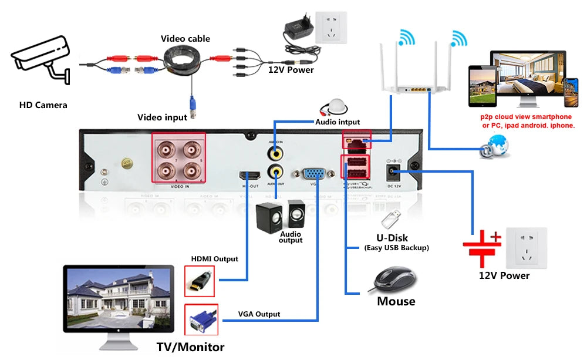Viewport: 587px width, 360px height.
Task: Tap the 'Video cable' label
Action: pyautogui.click(x=185, y=39)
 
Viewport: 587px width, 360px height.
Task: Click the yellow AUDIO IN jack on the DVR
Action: pyautogui.click(x=275, y=153)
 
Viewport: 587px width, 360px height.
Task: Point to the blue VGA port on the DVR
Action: pyautogui.click(x=314, y=174)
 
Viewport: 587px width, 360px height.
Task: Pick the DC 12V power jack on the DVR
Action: pyautogui.click(x=392, y=171)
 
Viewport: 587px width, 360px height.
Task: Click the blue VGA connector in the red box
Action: pyautogui.click(x=201, y=321)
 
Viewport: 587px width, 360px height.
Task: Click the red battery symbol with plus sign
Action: pyautogui.click(x=481, y=243)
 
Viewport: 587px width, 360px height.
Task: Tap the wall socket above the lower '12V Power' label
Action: pyautogui.click(x=527, y=248)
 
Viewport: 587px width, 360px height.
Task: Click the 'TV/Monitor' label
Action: pyautogui.click(x=190, y=347)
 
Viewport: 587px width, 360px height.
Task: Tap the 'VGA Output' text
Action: pyautogui.click(x=259, y=314)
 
